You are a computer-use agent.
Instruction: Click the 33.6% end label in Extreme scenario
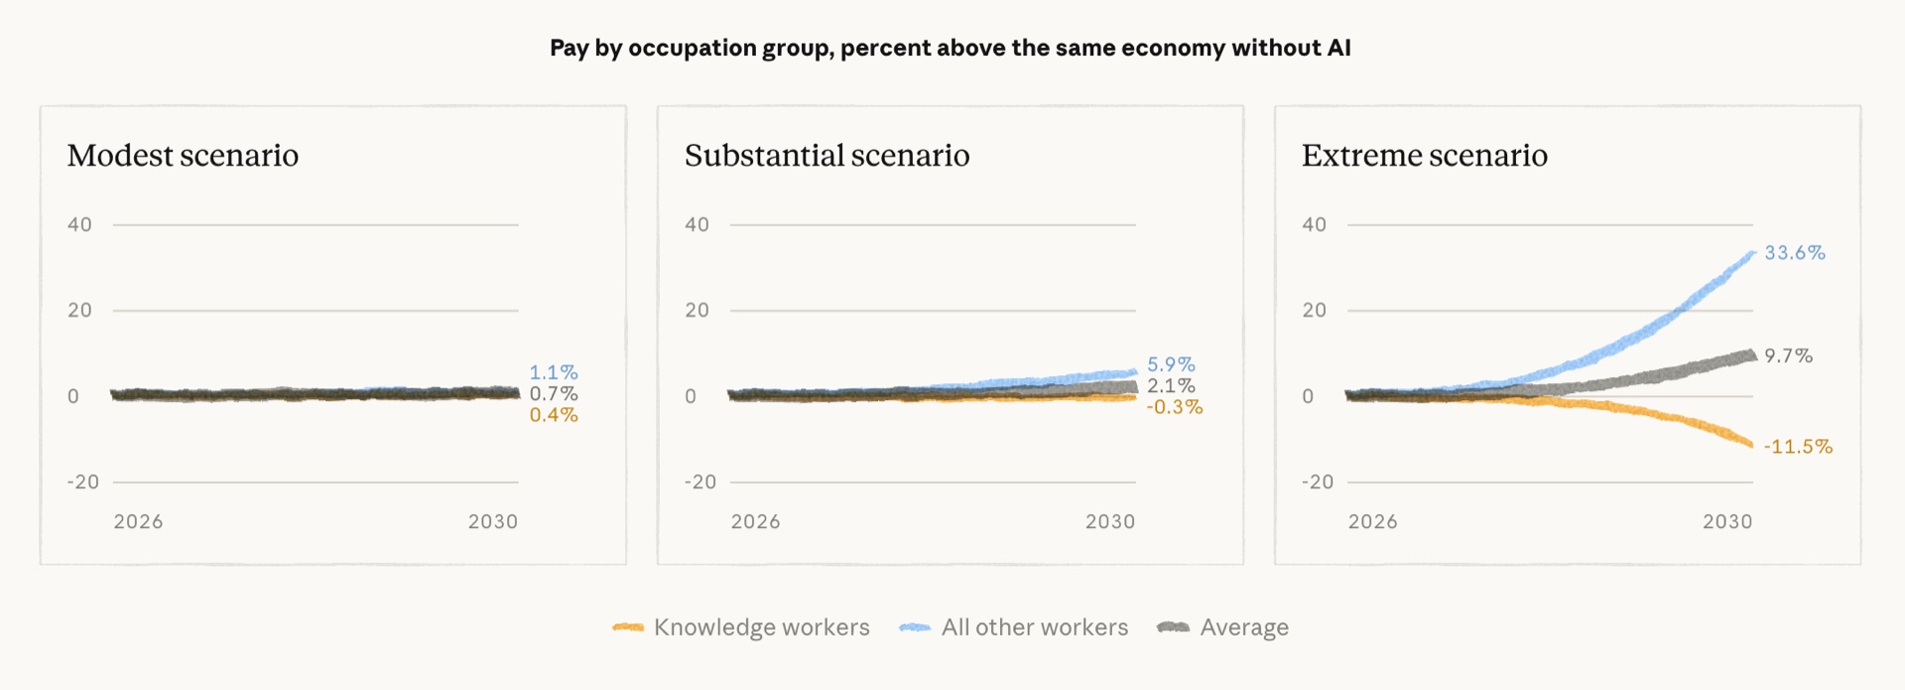[x=1794, y=253]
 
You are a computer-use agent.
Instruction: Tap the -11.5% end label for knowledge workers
[x=1798, y=447]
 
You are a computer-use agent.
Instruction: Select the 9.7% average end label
[x=1788, y=355]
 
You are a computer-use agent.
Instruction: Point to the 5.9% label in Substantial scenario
[x=1171, y=364]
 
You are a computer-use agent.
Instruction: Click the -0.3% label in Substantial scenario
[x=1175, y=407]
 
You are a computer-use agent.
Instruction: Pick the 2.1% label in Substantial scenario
[x=1171, y=385]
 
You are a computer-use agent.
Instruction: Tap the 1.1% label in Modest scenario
[x=554, y=372]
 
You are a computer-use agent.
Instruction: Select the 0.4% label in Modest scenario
[x=554, y=415]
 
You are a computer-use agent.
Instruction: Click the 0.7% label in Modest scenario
[x=554, y=393]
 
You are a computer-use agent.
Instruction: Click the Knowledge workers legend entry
[x=741, y=627]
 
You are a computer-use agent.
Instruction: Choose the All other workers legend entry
[x=1013, y=627]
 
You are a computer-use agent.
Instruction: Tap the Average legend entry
[x=1222, y=627]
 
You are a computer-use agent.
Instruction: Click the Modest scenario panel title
[x=183, y=156]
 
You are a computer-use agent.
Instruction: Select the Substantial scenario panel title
[x=826, y=156]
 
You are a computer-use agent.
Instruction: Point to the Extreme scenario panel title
[x=1424, y=156]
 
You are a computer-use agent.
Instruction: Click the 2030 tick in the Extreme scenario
[x=1727, y=521]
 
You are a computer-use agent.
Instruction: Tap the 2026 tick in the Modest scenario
[x=138, y=521]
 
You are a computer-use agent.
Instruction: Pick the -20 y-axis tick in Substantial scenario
[x=699, y=482]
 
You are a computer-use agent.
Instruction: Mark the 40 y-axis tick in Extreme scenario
[x=1314, y=224]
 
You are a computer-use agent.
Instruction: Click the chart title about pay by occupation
[x=951, y=48]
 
